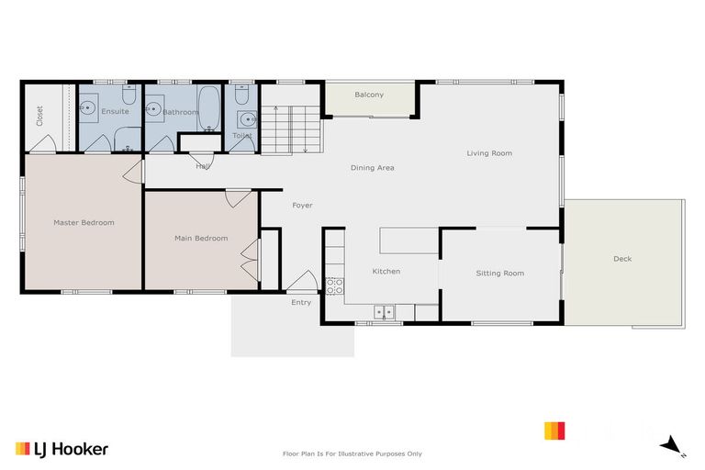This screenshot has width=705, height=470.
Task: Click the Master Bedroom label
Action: (84, 222)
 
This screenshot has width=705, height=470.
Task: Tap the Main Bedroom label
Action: (201, 239)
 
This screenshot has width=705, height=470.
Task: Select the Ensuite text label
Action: (115, 111)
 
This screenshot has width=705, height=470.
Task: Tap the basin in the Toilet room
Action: (246, 118)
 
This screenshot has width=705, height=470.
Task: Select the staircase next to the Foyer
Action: (290, 129)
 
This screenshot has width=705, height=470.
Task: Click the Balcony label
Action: (369, 95)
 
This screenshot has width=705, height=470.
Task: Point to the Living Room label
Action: (488, 153)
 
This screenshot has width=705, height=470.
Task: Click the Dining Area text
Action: (372, 168)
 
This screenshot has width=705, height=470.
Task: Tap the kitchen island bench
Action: (408, 241)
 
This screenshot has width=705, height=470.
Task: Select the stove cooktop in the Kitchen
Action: (334, 285)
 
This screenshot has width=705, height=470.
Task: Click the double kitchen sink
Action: (384, 312)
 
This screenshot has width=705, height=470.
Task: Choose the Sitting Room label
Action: (499, 273)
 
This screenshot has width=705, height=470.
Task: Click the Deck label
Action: (622, 259)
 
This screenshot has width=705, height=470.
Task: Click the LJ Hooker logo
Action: (62, 449)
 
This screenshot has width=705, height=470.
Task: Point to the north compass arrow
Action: (673, 445)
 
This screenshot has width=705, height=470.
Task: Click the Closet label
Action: (39, 116)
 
